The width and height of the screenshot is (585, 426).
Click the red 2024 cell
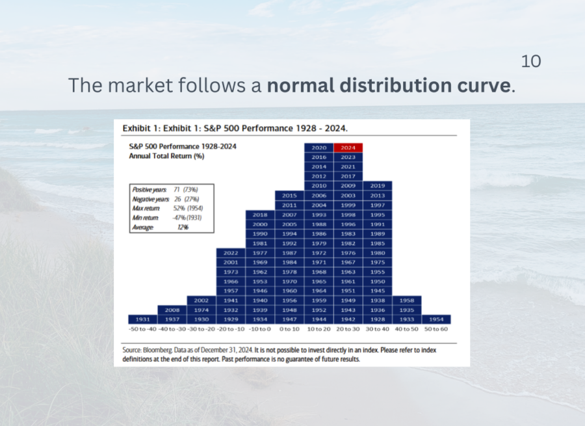point(348,148)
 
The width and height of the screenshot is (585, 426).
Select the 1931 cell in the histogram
point(142,319)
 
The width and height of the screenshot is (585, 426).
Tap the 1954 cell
point(436,319)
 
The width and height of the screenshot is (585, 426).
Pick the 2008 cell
point(172,310)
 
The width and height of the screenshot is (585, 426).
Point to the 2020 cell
point(319,148)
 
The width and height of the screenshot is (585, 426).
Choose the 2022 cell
point(231,253)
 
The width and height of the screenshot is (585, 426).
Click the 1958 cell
point(407,300)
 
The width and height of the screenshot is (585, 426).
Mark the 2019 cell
point(378,185)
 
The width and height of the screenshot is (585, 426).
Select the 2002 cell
point(201,300)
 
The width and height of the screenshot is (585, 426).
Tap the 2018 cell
point(260,215)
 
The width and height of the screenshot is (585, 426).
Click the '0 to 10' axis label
point(289,329)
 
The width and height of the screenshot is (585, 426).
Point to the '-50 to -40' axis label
point(142,329)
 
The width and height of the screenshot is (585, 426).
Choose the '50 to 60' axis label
point(436,329)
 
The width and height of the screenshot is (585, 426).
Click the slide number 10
point(531,61)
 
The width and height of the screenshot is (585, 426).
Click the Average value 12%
point(183,228)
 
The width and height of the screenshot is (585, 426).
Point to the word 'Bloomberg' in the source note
point(158,350)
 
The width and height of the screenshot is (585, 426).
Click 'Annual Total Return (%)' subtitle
point(167,156)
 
